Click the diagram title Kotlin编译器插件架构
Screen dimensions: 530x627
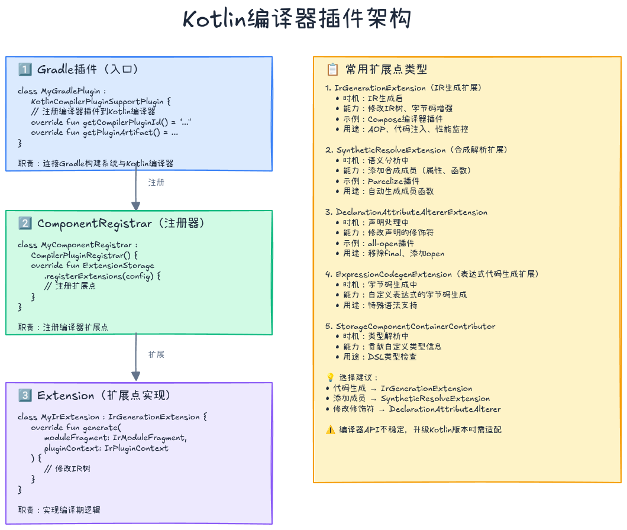tap(297, 19)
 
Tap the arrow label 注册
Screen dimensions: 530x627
tap(156, 182)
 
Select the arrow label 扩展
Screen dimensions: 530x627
tap(156, 354)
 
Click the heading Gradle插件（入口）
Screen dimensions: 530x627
tap(88, 69)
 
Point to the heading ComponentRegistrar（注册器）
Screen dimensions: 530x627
tap(121, 224)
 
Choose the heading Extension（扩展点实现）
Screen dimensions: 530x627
tap(103, 396)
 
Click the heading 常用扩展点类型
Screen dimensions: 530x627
tap(386, 69)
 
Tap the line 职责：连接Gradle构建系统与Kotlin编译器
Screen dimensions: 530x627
tap(95, 163)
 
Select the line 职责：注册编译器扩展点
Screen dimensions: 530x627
tap(63, 327)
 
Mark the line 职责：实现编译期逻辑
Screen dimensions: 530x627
tap(63, 510)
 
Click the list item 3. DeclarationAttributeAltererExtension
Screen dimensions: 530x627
tap(406, 212)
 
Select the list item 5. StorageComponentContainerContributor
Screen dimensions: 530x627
tap(410, 326)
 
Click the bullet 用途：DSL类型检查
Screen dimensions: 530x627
tap(380, 357)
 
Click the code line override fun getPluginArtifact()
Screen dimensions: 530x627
tap(105, 132)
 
